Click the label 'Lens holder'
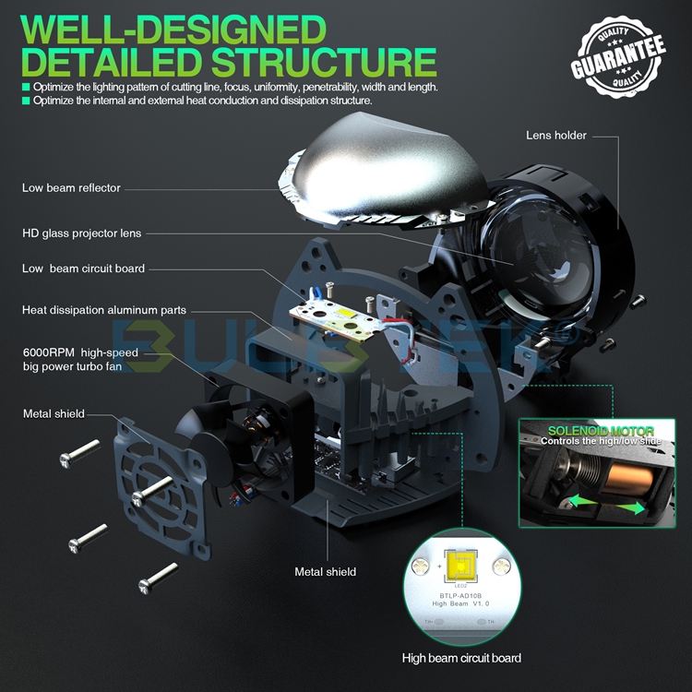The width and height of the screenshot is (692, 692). pyautogui.click(x=555, y=136)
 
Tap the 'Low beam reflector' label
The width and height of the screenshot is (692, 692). pyautogui.click(x=71, y=188)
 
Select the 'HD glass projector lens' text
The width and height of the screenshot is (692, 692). pyautogui.click(x=82, y=233)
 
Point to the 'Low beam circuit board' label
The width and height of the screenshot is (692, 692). pyautogui.click(x=83, y=268)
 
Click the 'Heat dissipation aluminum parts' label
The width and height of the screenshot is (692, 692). pyautogui.click(x=104, y=310)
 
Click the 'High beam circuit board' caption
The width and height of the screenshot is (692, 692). pyautogui.click(x=461, y=658)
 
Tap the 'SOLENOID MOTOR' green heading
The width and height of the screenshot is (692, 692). pyautogui.click(x=601, y=430)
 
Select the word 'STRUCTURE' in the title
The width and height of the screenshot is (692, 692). pyautogui.click(x=323, y=62)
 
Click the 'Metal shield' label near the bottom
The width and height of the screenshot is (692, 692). pyautogui.click(x=325, y=572)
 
